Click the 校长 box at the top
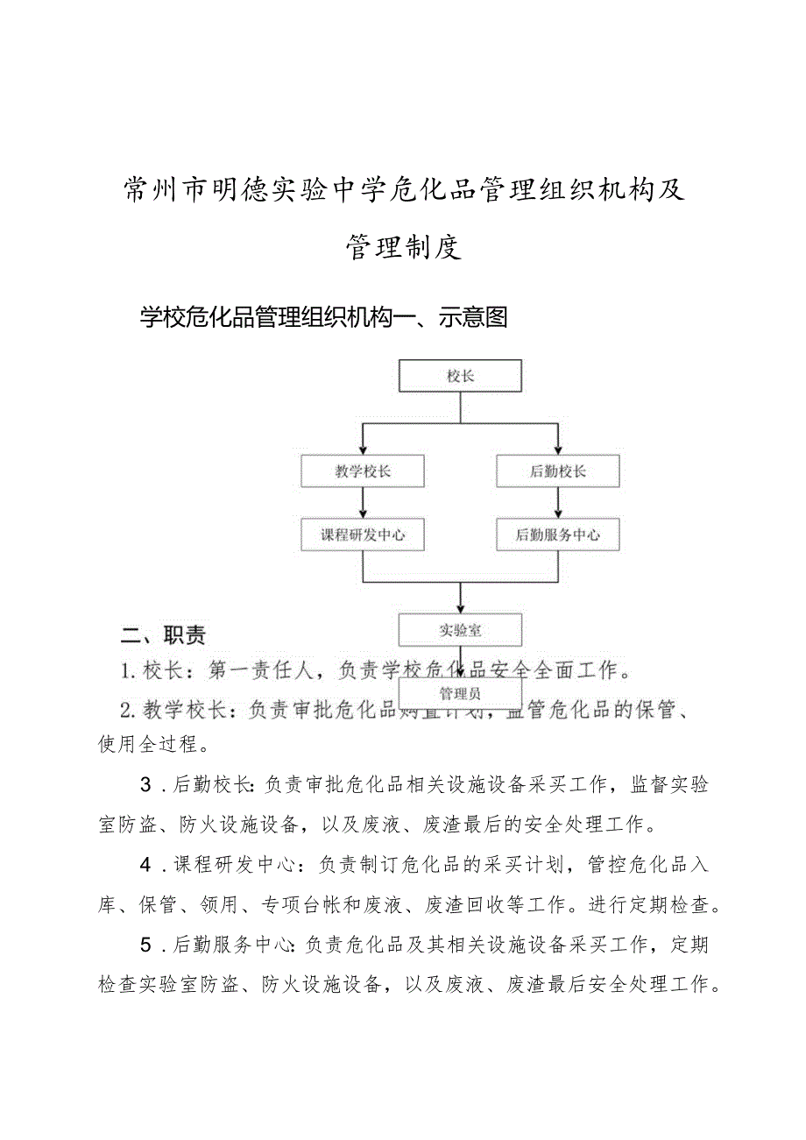460,376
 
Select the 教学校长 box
363,471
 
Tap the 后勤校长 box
558,471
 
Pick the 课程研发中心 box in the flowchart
363,535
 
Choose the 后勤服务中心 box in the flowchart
558,535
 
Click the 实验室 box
460,630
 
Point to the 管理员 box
460,694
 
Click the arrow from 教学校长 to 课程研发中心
363,503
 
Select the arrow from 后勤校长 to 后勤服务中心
558,503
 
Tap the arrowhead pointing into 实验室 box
461,608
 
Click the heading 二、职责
163,635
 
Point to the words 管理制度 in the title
403,248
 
